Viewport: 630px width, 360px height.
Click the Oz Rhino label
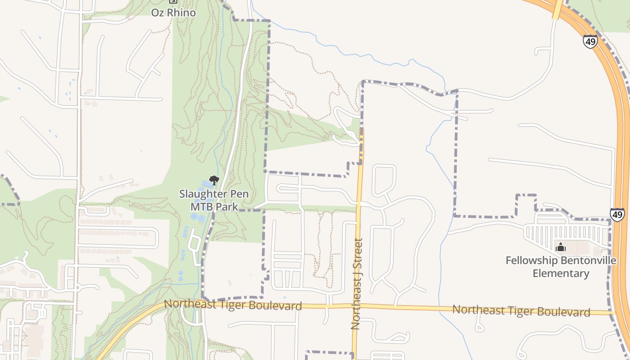(173, 12)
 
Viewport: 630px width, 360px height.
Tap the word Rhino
(182, 12)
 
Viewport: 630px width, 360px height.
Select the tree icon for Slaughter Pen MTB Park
(214, 180)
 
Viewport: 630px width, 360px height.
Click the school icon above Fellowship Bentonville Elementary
(561, 247)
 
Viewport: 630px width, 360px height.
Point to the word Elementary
(561, 273)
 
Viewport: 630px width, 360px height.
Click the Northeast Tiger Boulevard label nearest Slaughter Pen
(233, 305)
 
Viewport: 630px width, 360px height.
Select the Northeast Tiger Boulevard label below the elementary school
(521, 310)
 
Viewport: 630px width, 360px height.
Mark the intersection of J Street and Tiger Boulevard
(355, 306)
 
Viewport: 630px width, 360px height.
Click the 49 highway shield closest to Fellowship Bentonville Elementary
(617, 214)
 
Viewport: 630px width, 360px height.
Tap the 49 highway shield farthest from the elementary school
(590, 41)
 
